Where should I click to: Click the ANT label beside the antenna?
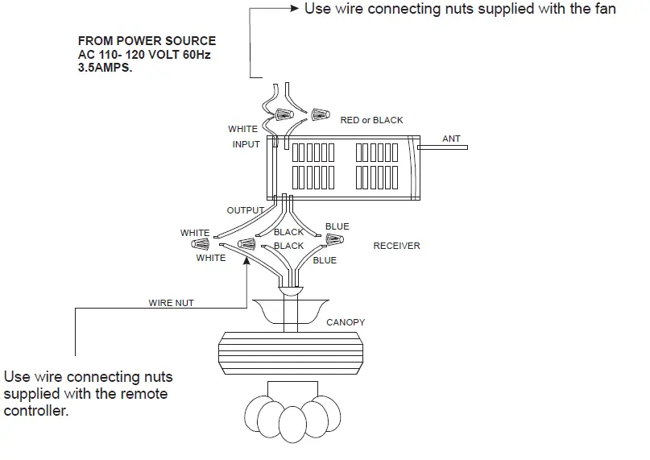[451, 139]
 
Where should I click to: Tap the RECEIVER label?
[396, 246]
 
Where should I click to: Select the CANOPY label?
[346, 322]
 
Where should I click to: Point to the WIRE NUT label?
[171, 304]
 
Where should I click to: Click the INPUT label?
[246, 145]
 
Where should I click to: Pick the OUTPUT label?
[245, 210]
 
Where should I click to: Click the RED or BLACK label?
[371, 120]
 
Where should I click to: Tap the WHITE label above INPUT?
[242, 129]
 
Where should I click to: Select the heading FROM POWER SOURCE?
[147, 40]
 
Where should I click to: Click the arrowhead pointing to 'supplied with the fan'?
[292, 9]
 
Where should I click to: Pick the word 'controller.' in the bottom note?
[35, 411]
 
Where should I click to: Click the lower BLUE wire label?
[325, 260]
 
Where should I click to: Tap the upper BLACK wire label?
[288, 232]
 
